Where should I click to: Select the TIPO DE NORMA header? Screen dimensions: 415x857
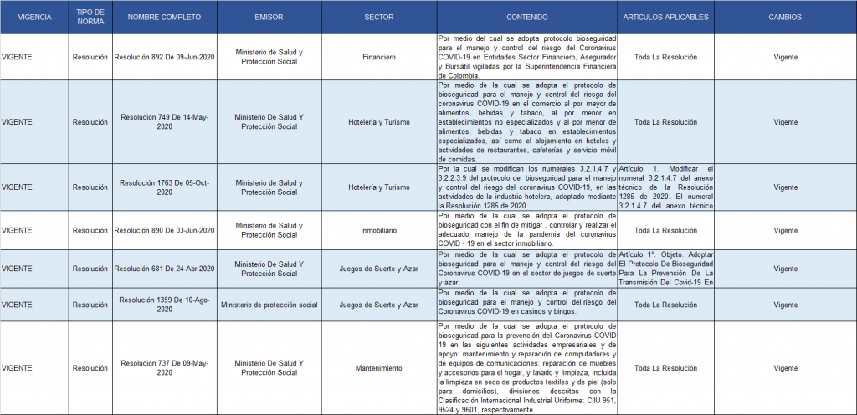[x=90, y=17]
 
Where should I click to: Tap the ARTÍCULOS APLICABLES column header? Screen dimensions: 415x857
[x=665, y=17]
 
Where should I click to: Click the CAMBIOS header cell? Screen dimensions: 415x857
[x=785, y=17]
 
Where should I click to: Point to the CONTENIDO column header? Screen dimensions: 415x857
[x=527, y=17]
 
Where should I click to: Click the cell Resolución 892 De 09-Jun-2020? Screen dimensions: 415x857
[x=164, y=58]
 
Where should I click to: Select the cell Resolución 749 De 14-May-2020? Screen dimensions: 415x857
[x=164, y=122]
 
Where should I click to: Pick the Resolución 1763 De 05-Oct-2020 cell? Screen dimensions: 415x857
[x=164, y=187]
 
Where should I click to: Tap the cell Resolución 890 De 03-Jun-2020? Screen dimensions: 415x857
[x=164, y=230]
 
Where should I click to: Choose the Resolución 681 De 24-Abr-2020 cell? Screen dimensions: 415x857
[x=164, y=269]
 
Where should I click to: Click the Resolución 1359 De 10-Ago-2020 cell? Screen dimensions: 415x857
[x=164, y=305]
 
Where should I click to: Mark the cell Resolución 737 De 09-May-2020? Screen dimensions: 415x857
[x=164, y=368]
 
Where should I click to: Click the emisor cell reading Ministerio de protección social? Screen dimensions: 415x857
[x=269, y=305]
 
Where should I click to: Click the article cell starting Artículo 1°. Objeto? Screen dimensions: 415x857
[x=665, y=269]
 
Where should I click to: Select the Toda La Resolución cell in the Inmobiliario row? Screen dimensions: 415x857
[x=665, y=230]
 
